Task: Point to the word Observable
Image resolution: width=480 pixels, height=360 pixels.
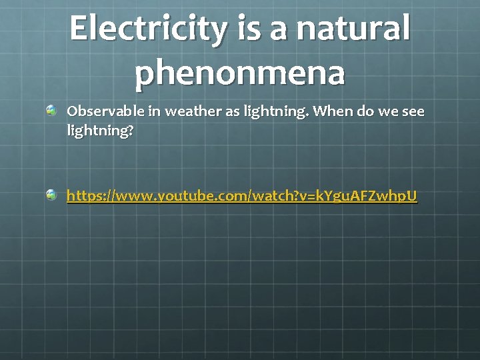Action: [x=104, y=111]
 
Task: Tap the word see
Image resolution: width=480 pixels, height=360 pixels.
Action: [x=411, y=111]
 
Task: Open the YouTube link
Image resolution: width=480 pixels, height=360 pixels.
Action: [x=241, y=196]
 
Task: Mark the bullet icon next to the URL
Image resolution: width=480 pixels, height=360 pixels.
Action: [x=52, y=195]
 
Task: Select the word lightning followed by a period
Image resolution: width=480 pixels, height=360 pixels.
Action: [x=274, y=112]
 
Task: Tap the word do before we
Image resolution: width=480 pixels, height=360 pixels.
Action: [x=365, y=111]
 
